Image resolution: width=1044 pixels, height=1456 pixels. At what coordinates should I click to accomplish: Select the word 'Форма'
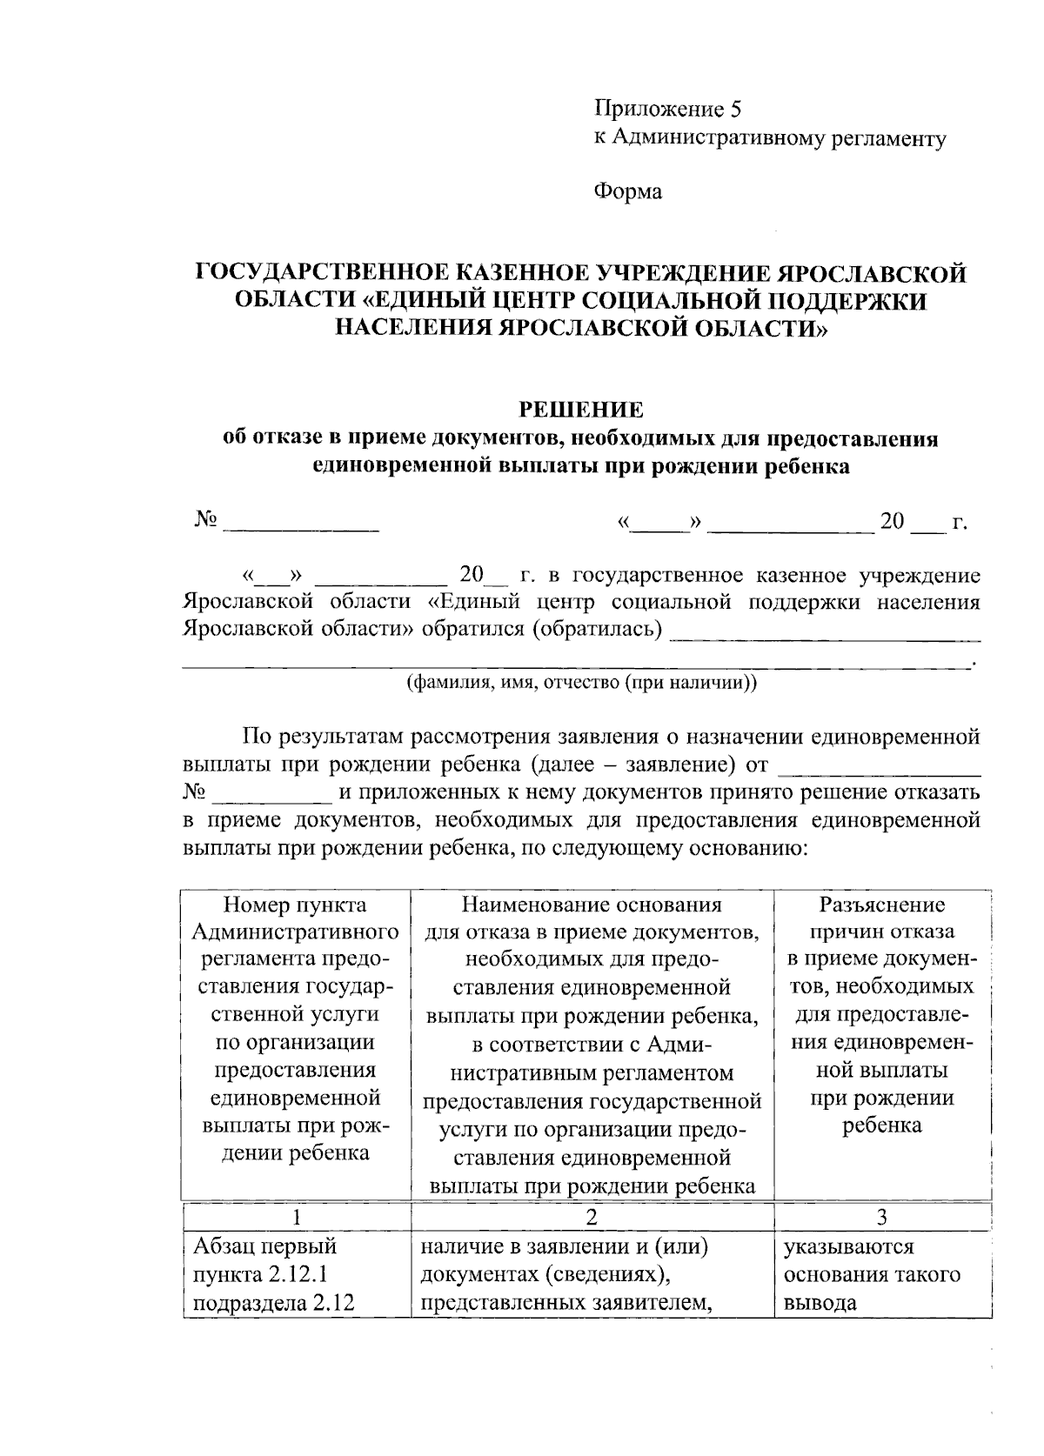pos(627,191)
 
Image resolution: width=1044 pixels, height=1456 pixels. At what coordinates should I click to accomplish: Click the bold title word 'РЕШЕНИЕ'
pos(580,410)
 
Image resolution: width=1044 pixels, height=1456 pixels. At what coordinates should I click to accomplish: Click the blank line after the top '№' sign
pos(301,524)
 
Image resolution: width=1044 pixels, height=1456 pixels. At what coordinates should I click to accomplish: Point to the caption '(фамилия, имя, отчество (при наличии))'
pos(582,683)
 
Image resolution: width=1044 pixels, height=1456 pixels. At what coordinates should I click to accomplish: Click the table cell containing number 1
pos(296,1217)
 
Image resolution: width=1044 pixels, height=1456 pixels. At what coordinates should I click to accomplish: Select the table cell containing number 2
pos(592,1217)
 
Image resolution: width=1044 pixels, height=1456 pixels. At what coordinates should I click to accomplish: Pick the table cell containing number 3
pos(881,1217)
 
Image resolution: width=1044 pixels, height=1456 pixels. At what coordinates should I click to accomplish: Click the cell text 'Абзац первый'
pos(264,1247)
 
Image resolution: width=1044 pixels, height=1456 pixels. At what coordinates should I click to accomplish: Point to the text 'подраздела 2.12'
pos(271,1303)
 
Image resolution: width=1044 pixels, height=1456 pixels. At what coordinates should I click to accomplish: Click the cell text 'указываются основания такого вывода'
pos(871,1275)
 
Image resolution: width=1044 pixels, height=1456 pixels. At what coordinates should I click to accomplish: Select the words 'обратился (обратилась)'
pos(542,629)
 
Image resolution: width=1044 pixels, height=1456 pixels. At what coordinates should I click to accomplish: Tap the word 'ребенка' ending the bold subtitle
pos(806,467)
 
